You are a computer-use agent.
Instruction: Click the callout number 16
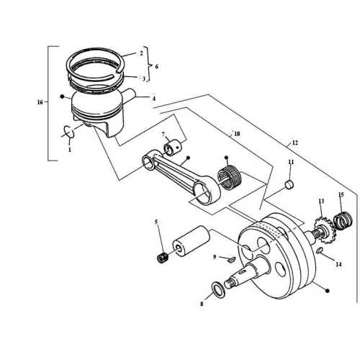tap(40, 102)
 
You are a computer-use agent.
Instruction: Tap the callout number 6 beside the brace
tap(156, 66)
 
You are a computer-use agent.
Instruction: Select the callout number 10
tap(237, 134)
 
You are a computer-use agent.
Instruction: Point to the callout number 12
tap(295, 143)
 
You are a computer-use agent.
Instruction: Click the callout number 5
tap(156, 222)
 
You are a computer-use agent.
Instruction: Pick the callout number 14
tap(338, 264)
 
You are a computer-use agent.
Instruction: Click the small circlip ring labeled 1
tap(69, 132)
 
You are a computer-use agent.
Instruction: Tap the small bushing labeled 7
tap(173, 149)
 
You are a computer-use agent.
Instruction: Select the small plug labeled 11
tap(289, 185)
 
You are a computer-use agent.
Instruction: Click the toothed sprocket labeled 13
tap(323, 230)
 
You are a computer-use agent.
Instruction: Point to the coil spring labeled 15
tap(343, 220)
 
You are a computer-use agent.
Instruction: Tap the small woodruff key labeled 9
tap(231, 259)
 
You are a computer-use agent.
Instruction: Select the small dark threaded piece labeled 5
tap(163, 258)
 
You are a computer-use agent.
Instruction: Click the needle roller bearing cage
tap(230, 177)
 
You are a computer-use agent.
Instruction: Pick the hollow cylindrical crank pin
tap(192, 241)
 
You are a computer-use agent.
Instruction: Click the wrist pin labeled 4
tap(129, 94)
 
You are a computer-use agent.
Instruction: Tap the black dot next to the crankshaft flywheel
tap(327, 291)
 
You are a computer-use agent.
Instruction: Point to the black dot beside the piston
tap(62, 96)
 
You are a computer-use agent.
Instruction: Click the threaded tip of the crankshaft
tap(230, 284)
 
